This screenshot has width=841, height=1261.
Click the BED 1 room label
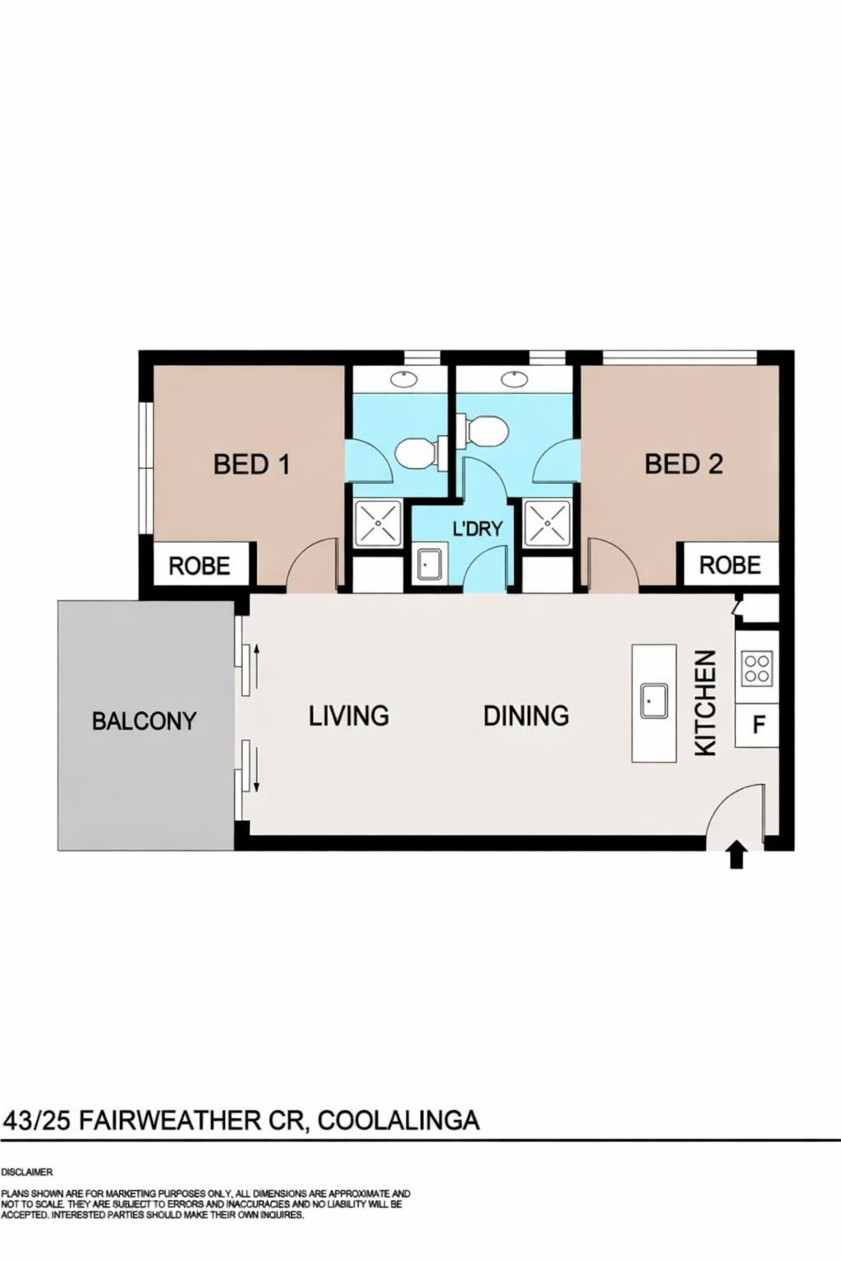252,465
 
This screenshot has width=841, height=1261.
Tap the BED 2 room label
684,465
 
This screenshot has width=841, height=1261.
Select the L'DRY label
478,529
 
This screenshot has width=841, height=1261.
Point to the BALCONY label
145,721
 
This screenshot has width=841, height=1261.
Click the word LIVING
349,716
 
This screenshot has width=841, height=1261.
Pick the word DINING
526,716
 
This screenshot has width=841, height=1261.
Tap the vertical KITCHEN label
705,703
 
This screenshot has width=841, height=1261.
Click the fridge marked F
757,725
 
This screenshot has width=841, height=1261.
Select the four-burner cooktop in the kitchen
756,668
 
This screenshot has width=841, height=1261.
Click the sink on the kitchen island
654,701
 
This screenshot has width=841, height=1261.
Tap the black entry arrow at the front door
737,855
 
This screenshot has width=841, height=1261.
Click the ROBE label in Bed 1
200,566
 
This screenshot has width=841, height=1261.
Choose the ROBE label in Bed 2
730,565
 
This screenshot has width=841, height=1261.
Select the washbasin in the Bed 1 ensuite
403,379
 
